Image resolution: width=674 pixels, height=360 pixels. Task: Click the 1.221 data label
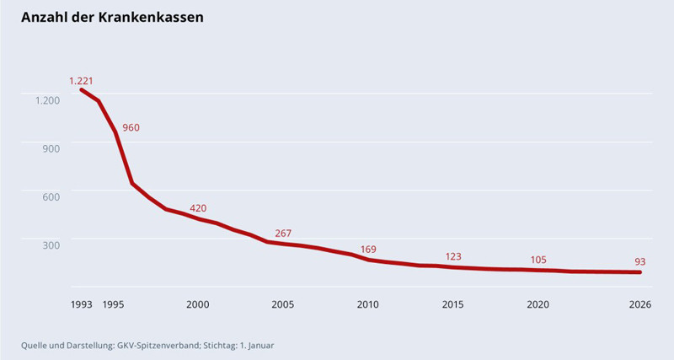[x=81, y=81]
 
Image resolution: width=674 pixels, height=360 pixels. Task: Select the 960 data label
[x=131, y=128]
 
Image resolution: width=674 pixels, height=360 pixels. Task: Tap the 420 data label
[x=198, y=208]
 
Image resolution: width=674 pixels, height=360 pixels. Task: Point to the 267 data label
[x=283, y=234]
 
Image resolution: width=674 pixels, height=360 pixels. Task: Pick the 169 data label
[x=368, y=250]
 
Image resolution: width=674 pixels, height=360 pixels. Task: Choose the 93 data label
[x=639, y=262]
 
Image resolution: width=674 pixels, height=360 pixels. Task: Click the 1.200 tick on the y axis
[x=47, y=100]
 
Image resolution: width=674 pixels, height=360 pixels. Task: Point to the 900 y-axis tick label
[x=51, y=148]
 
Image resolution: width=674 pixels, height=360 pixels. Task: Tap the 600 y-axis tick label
[x=51, y=196]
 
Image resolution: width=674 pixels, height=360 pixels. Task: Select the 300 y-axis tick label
[x=51, y=244]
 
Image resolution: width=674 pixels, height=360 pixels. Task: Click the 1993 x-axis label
[x=82, y=304]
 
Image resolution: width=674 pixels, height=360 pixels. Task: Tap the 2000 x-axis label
[x=198, y=304]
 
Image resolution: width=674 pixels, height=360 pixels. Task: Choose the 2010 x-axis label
[x=368, y=304]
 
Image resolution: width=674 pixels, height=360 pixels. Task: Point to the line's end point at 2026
[x=640, y=272]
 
